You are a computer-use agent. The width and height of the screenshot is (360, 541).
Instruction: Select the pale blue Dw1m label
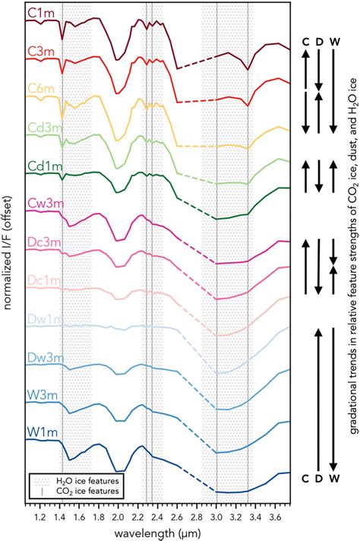(42, 322)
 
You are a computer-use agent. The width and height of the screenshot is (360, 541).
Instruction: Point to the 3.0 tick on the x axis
(217, 517)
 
